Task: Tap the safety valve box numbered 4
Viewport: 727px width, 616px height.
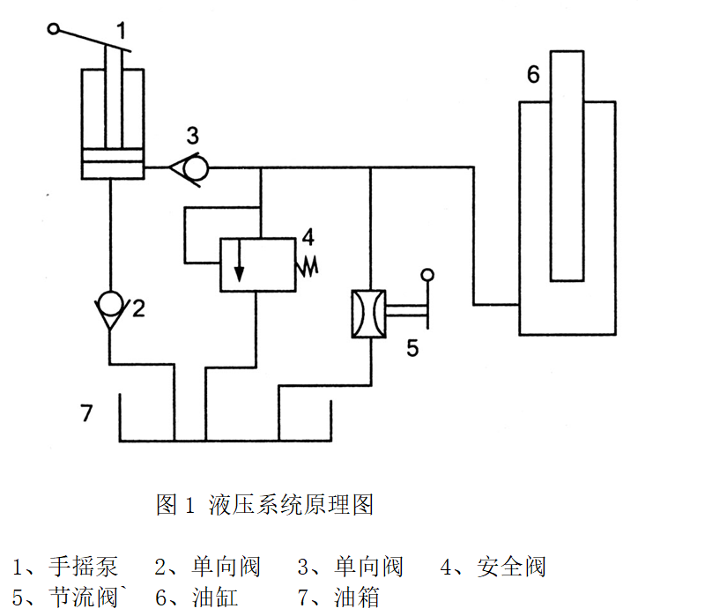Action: point(256,263)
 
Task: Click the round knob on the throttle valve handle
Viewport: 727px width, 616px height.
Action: point(428,275)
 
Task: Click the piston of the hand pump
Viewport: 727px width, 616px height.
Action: point(111,164)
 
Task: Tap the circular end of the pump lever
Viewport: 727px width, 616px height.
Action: point(54,30)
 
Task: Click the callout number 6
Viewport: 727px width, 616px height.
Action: point(533,75)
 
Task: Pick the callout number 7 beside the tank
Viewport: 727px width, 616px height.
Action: point(85,412)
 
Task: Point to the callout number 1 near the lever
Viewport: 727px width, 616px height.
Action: point(121,31)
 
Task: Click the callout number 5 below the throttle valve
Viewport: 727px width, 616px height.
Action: point(412,347)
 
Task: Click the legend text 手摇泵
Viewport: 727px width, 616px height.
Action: point(83,566)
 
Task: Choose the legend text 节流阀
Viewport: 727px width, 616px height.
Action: point(83,597)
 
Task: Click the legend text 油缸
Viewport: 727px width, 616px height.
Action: point(215,597)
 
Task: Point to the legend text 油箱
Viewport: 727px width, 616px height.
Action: point(357,597)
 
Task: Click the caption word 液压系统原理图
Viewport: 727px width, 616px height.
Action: point(292,505)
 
